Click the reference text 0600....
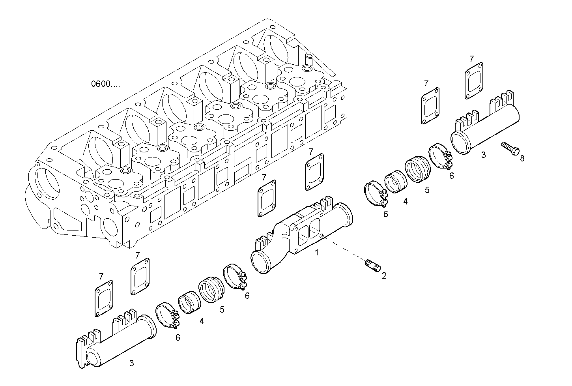[x=105, y=84]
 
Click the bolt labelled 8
[x=510, y=148]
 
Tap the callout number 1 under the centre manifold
[x=316, y=252]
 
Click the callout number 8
[x=522, y=159]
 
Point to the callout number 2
[x=384, y=275]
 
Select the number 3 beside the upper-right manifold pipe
[x=484, y=155]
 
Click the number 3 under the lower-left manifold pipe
[x=131, y=363]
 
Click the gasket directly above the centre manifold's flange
[x=314, y=171]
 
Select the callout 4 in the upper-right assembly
[x=405, y=202]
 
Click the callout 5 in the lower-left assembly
[x=222, y=309]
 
